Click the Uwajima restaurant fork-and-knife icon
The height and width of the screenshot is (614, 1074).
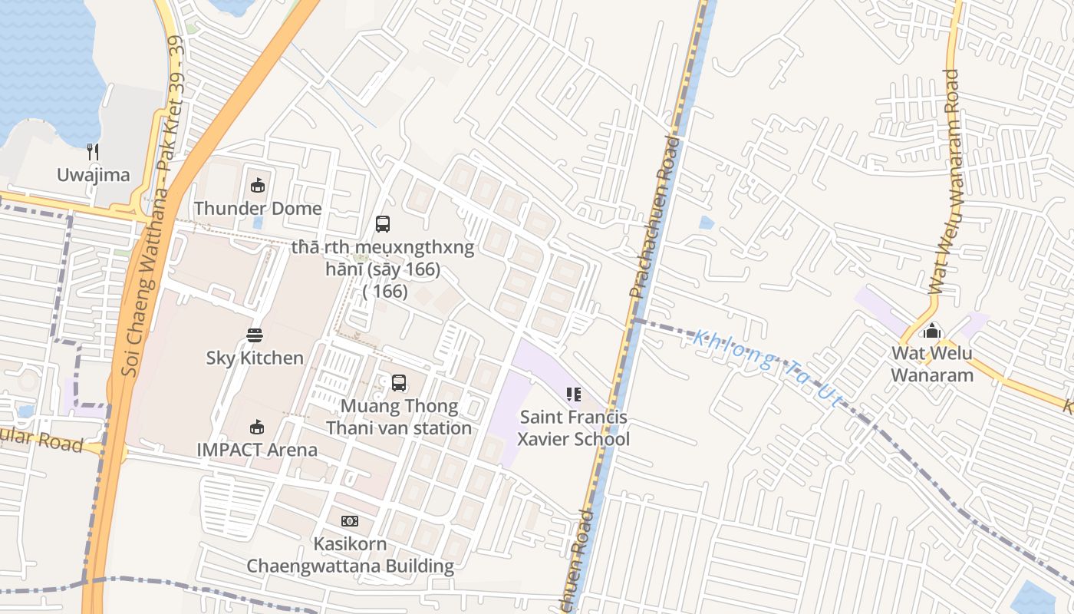93,152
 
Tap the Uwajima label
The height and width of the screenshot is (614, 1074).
93,175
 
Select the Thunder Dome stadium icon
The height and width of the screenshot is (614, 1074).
258,185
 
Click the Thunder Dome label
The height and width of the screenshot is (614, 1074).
258,208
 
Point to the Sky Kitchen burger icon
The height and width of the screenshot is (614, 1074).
255,335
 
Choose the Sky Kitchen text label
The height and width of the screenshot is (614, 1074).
255,358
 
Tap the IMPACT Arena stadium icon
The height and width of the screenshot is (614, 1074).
257,427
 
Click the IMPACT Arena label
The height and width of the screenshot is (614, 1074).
257,450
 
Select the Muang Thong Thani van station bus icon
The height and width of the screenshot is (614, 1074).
399,382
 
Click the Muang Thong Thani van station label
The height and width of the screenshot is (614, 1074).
399,417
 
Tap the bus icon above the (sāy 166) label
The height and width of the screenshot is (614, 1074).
383,224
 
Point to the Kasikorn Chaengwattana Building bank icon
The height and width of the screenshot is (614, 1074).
350,521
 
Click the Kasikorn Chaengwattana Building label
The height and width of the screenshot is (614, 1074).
350,555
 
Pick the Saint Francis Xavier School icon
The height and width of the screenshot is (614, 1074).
573,394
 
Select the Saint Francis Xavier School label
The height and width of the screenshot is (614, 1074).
573,428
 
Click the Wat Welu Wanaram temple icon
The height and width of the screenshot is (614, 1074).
932,331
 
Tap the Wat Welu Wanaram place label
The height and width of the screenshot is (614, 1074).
932,365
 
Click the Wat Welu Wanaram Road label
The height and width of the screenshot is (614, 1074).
945,183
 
